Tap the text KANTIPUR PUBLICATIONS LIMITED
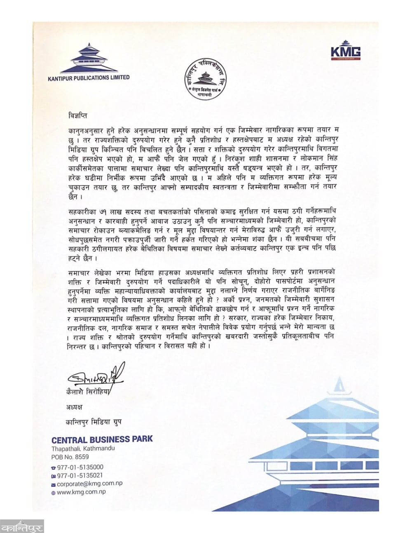(x=89, y=77)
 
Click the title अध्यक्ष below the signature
(x=74, y=407)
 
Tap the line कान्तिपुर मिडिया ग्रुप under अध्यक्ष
(x=94, y=422)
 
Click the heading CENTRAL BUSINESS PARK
(x=102, y=439)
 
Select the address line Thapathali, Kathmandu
(x=83, y=448)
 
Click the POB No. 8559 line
(x=70, y=457)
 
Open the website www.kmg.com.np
(x=82, y=492)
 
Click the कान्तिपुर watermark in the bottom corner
(x=21, y=526)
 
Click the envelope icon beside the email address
(x=53, y=484)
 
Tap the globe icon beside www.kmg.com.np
(x=53, y=492)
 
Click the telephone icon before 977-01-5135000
(x=53, y=468)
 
